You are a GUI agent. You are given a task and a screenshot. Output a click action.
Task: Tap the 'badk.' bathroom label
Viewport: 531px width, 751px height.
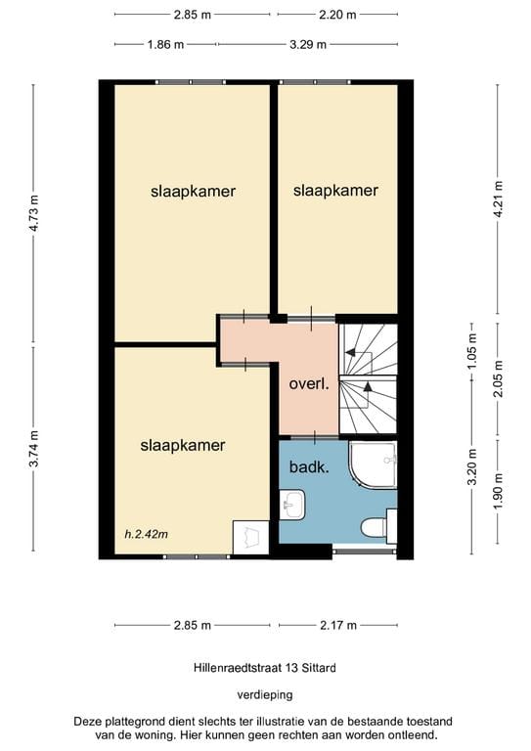pos(307,466)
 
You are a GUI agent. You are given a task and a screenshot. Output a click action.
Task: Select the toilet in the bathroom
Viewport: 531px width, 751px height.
pos(376,527)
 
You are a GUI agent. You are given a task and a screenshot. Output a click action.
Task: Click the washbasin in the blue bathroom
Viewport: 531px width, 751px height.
pos(292,507)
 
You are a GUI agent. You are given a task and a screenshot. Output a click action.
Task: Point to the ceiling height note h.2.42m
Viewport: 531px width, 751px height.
pos(147,534)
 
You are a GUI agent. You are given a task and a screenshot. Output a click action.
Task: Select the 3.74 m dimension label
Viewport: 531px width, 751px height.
pos(35,450)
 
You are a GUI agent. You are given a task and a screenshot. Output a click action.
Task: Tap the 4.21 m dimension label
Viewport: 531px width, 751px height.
pos(499,203)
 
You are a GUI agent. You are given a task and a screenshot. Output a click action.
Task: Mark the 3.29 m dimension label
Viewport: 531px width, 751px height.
pos(308,44)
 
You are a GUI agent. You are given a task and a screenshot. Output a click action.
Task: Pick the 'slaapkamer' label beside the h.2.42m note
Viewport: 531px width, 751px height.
pos(183,445)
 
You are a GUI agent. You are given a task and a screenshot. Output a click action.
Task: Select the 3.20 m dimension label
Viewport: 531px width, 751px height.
pos(470,467)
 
